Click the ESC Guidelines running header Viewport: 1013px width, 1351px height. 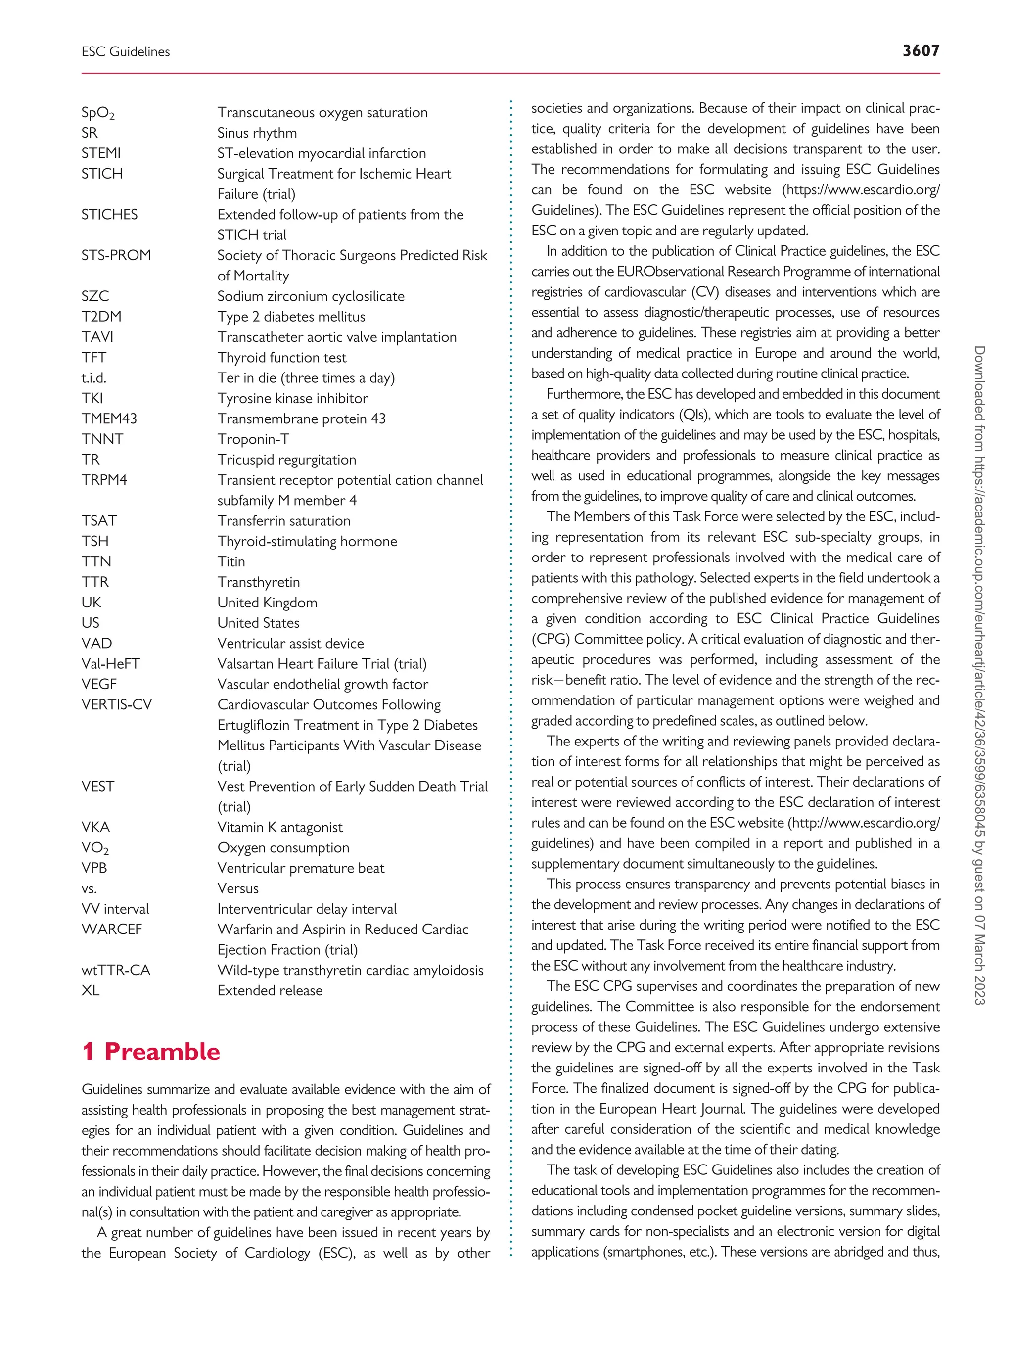pos(126,52)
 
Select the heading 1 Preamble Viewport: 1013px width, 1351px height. pos(151,1051)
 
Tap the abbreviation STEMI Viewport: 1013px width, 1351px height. pos(101,153)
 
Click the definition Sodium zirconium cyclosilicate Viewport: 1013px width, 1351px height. pos(311,296)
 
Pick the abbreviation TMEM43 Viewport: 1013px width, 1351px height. pos(109,419)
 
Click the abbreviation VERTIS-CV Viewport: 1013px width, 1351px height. pos(117,705)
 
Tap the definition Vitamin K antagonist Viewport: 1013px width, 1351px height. pos(279,828)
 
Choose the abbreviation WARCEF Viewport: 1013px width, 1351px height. pos(111,930)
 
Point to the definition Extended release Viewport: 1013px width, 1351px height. pos(270,991)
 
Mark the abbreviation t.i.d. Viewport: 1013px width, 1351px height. pos(93,378)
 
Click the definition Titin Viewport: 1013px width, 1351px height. pos(231,562)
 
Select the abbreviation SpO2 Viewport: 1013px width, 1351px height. pos(98,113)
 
